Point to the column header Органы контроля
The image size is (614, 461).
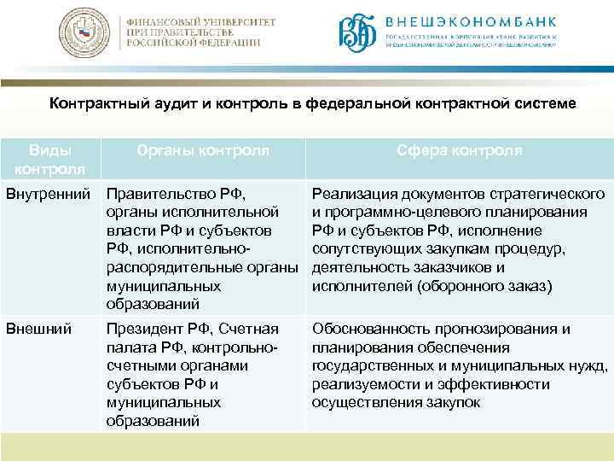coord(203,150)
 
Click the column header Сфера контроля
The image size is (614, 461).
coord(459,150)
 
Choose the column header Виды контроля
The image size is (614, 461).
coord(50,159)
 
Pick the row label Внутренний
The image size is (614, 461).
coord(49,194)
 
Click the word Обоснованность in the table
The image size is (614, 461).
coord(373,329)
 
